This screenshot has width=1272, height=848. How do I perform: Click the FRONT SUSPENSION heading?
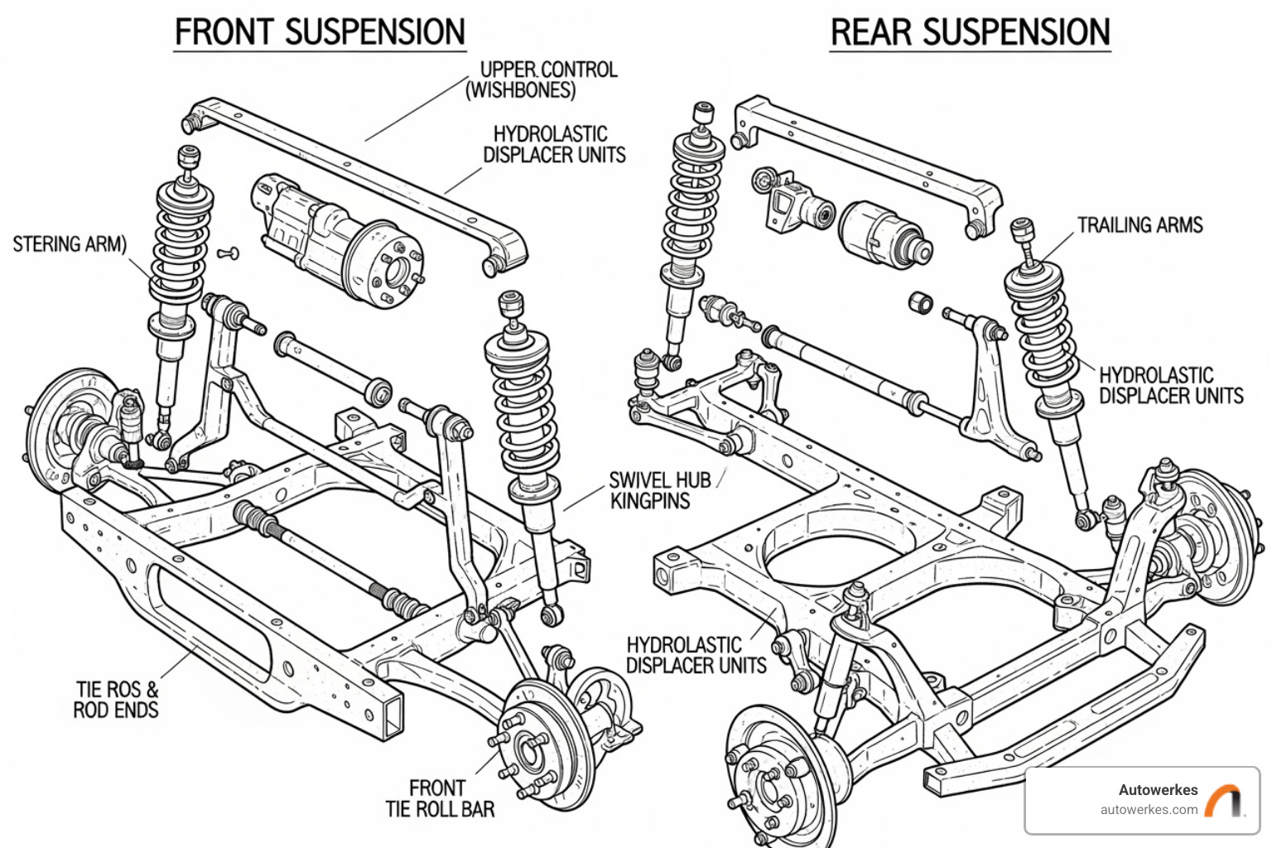pos(320,33)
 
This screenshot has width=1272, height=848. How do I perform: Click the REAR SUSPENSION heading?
pos(970,33)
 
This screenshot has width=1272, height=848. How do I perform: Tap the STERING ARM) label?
pos(70,244)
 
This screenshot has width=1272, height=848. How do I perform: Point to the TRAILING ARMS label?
pos(1139,225)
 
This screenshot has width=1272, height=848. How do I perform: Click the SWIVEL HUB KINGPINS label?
pos(659,490)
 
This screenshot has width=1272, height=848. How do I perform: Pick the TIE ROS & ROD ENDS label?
pos(116,700)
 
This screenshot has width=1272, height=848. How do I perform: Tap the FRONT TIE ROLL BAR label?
pos(439,798)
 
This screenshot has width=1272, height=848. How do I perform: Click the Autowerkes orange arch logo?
pos(1224,800)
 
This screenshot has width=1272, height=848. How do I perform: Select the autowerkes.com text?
pos(1149,810)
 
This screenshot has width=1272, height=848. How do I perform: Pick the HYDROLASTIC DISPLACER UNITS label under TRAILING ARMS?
pos(1170,386)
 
